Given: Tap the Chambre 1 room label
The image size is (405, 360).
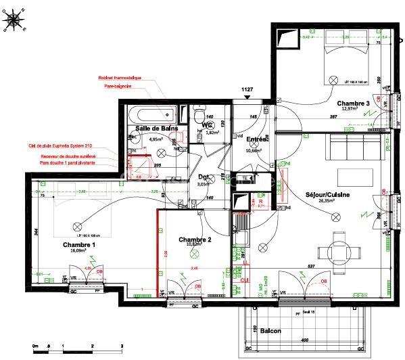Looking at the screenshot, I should (x=78, y=244).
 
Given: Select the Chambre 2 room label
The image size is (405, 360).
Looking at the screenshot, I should (x=195, y=240).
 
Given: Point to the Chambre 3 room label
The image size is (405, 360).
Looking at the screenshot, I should (x=354, y=103).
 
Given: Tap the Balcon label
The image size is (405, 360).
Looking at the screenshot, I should (x=270, y=331).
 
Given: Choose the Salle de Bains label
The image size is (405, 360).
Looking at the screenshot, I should (x=156, y=128).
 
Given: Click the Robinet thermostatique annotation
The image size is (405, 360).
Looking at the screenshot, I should (x=120, y=77).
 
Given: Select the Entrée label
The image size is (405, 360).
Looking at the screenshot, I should (x=256, y=139).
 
